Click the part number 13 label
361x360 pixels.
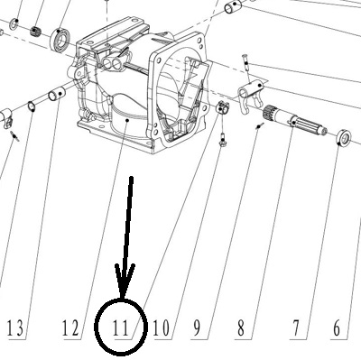pyautogui.click(x=15, y=328)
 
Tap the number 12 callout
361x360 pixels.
pyautogui.click(x=70, y=328)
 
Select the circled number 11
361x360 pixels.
pyautogui.click(x=120, y=328)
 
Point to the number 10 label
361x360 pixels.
pyautogui.click(x=162, y=328)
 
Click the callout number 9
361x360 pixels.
pyautogui.click(x=197, y=328)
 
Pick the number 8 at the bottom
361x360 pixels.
pyautogui.click(x=241, y=328)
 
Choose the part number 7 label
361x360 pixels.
pyautogui.click(x=296, y=328)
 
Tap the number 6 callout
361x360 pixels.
pyautogui.click(x=337, y=328)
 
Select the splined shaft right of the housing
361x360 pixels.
pyautogui.click(x=295, y=122)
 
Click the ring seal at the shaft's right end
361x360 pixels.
pyautogui.click(x=344, y=138)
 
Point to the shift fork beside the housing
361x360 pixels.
pyautogui.click(x=250, y=96)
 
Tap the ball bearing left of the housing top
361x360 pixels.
pyautogui.click(x=61, y=37)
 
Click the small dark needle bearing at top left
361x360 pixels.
pyautogui.click(x=36, y=30)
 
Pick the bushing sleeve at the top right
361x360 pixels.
pyautogui.click(x=233, y=7)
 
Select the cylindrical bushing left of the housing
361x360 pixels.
pyautogui.click(x=57, y=94)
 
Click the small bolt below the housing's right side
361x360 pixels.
pyautogui.click(x=223, y=140)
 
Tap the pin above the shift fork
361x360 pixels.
pyautogui.click(x=245, y=62)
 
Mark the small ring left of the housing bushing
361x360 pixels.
pyautogui.click(x=31, y=106)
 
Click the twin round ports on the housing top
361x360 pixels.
pyautogui.click(x=112, y=63)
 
